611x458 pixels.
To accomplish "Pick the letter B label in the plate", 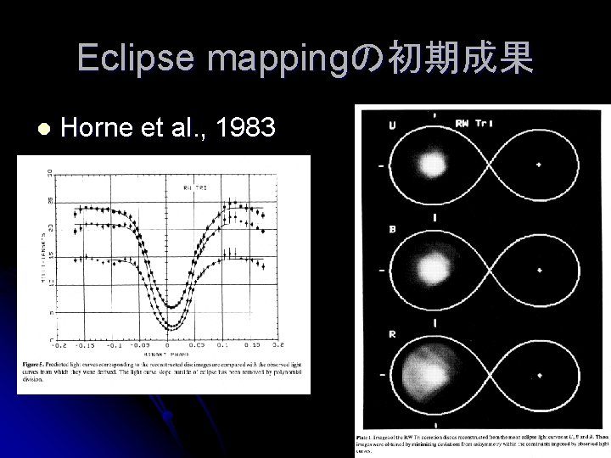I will coord(391,227).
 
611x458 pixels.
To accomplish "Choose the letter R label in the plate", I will coord(391,333).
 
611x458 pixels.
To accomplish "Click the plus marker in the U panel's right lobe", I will coord(538,164).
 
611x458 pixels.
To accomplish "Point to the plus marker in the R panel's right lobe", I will coord(539,373).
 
